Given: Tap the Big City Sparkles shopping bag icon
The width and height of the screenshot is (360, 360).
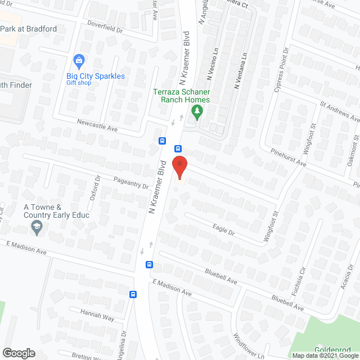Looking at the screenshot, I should click(x=79, y=60).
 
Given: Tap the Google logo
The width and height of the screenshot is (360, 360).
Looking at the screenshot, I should click(x=18, y=353).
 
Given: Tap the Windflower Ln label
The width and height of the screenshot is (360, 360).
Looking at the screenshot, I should click(x=248, y=346).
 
